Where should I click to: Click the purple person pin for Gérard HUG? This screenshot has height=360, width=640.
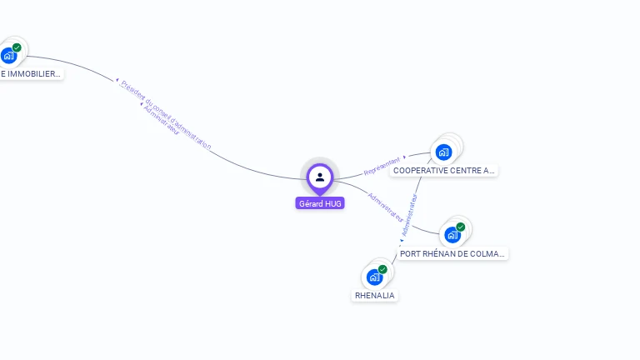coord(320,177)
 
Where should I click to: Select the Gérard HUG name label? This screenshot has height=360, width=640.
coord(320,203)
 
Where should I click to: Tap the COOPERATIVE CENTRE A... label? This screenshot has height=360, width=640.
coord(444,171)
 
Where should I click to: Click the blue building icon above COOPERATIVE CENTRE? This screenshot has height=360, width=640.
coord(443,152)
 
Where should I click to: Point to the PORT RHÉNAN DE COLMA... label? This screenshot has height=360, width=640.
coord(452,253)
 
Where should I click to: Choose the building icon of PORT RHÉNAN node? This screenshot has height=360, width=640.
coord(452,235)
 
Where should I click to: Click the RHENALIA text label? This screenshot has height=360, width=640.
coord(375,295)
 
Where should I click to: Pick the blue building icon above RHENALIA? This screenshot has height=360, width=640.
coord(374,277)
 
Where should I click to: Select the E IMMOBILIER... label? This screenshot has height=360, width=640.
coord(31,73)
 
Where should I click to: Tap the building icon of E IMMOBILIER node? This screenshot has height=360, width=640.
coord(8,56)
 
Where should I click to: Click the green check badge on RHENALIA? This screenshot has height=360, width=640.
coord(382,269)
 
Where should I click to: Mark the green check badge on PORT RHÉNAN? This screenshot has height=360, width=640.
coord(461,227)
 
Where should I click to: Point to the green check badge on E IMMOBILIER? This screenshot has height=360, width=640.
coord(17,47)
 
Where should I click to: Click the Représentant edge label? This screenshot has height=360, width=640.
coord(382,164)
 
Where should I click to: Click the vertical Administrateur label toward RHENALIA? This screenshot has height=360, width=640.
coord(408,215)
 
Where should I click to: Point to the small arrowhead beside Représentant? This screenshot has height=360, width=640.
coord(404,157)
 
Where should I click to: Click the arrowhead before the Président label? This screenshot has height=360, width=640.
coord(117,80)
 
